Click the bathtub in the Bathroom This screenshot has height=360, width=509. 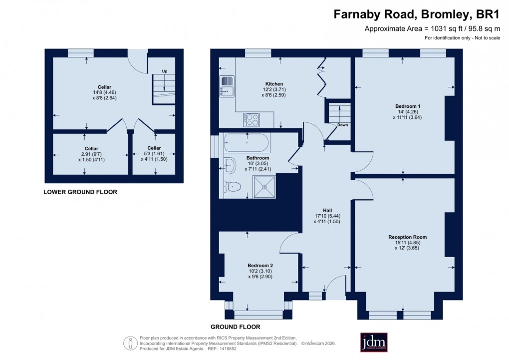[x=247, y=143]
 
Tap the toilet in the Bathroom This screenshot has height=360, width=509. [x=233, y=187]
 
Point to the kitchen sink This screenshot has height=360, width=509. [x=227, y=86]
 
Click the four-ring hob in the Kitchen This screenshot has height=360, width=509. [x=252, y=119]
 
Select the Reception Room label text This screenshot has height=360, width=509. [x=407, y=237]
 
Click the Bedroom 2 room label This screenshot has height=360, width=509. [x=260, y=265]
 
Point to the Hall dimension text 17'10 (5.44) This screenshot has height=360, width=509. [x=327, y=216]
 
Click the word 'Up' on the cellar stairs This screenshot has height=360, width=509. [x=164, y=71]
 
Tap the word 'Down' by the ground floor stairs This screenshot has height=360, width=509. [x=342, y=125]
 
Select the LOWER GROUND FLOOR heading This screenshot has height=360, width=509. [x=80, y=192]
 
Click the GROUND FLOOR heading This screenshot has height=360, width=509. [x=236, y=327]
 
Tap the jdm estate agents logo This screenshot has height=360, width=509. [x=373, y=343]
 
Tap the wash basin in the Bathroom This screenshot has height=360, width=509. [x=229, y=163]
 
